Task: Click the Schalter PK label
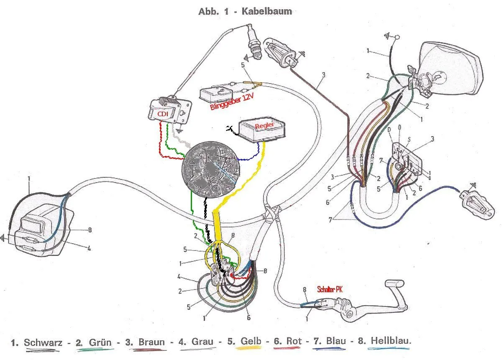pos(330,289)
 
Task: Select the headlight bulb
pos(433,77)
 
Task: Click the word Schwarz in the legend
pos(43,342)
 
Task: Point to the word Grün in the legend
pos(100,342)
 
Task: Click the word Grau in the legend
pos(202,342)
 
